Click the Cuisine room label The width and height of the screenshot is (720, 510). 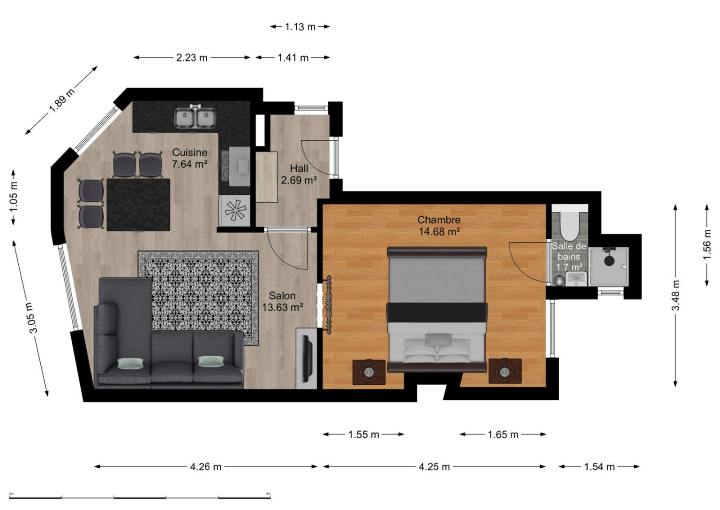pyautogui.click(x=190, y=158)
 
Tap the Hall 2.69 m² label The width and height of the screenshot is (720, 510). pyautogui.click(x=299, y=174)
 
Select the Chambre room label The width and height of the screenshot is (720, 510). pyautogui.click(x=439, y=225)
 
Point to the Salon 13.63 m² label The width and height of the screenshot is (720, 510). pyautogui.click(x=283, y=301)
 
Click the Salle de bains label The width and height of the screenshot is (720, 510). pyautogui.click(x=569, y=257)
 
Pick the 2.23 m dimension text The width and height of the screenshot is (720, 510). pyautogui.click(x=192, y=58)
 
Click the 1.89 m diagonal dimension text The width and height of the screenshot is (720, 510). pyautogui.click(x=61, y=100)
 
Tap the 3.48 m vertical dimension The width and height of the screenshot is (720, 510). pyautogui.click(x=675, y=295)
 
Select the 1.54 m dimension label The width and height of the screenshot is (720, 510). pyautogui.click(x=599, y=466)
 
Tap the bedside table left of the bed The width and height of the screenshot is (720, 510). pyautogui.click(x=369, y=372)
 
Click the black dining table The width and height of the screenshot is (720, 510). pyautogui.click(x=138, y=205)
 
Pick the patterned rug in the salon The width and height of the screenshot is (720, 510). pyautogui.click(x=198, y=298)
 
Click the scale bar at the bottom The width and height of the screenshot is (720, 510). pyautogui.click(x=140, y=497)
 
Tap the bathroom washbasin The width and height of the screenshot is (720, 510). pyautogui.click(x=576, y=278)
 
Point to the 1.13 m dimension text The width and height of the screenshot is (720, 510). pyautogui.click(x=300, y=27)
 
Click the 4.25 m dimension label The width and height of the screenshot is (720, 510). pyautogui.click(x=434, y=466)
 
